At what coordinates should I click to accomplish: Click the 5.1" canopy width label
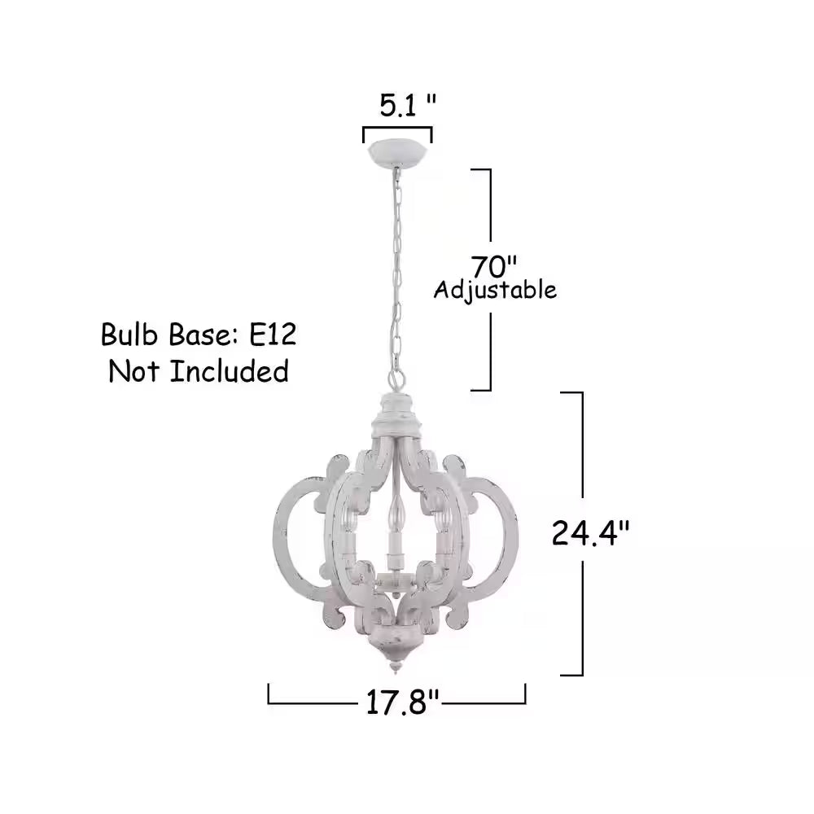pyautogui.click(x=408, y=106)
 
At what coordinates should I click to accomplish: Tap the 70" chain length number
pyautogui.click(x=494, y=267)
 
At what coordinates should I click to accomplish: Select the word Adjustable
pyautogui.click(x=495, y=291)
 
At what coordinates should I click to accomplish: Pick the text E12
pyautogui.click(x=273, y=335)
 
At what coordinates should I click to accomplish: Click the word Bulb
pyautogui.click(x=129, y=335)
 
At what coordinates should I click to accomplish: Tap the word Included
pyautogui.click(x=230, y=372)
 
